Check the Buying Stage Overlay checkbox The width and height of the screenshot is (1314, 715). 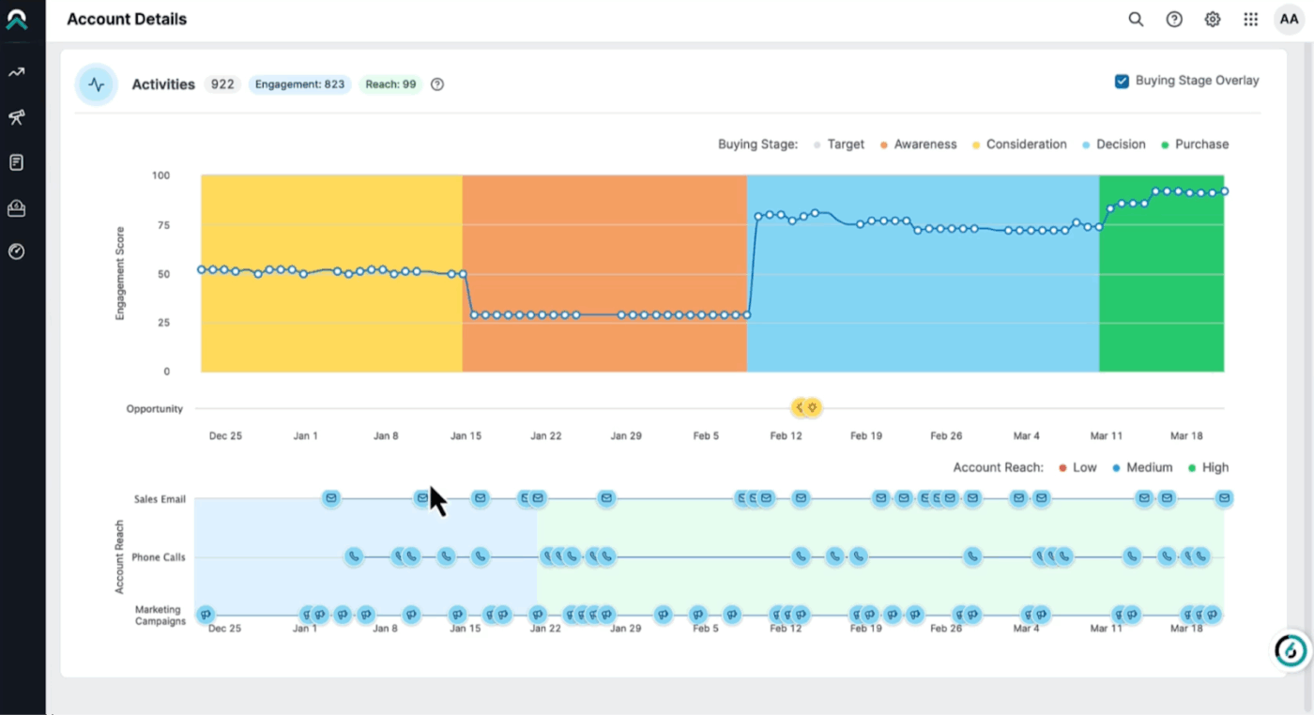1122,82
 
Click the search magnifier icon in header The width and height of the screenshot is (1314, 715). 1136,20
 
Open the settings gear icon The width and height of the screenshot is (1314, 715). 1213,20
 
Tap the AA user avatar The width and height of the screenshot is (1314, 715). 1289,20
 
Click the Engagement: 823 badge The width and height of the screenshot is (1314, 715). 299,84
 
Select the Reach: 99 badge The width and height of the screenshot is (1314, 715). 390,84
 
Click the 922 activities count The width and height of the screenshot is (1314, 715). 222,84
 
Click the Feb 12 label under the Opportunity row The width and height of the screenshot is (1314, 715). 786,436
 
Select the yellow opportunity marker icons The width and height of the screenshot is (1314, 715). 806,407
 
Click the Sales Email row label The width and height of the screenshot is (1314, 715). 160,499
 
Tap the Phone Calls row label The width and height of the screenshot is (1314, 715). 159,557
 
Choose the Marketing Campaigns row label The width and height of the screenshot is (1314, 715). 160,616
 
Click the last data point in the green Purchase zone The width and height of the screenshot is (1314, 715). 1224,191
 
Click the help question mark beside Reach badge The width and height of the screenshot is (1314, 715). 437,84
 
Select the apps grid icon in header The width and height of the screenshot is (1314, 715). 1250,20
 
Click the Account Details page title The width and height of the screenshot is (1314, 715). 127,20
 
